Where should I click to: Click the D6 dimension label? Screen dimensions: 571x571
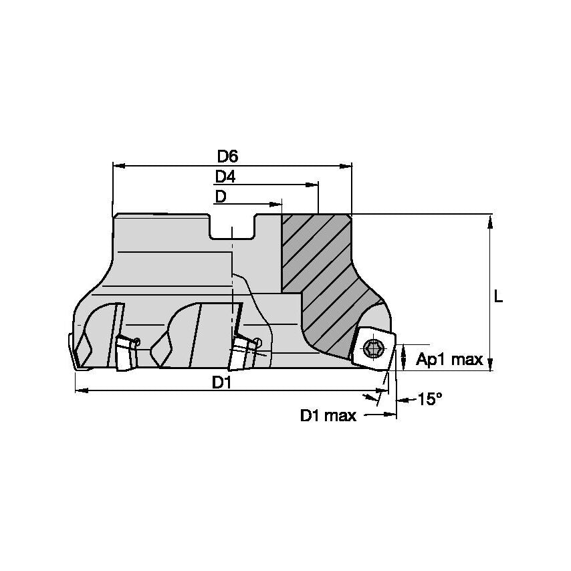coord(227,156)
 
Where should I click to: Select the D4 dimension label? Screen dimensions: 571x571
coord(225,177)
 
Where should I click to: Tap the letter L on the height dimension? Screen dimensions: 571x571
coord(498,297)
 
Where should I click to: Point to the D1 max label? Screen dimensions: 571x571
coord(328,415)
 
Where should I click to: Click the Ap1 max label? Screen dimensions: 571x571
coord(449,359)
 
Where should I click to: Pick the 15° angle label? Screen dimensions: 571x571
coord(430,399)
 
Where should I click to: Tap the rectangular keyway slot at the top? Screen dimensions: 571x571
coord(231,227)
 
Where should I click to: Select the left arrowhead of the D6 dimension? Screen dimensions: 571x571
coord(119,166)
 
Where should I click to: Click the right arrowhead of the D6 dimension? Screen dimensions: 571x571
coord(346,166)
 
